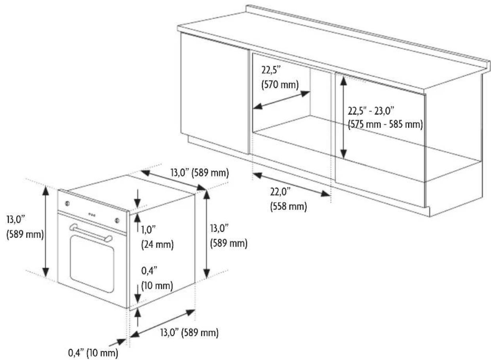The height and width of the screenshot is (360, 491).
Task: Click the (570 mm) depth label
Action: [280, 85]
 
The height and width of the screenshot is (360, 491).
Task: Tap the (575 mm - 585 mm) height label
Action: [385, 124]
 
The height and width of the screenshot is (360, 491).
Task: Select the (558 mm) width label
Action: [288, 206]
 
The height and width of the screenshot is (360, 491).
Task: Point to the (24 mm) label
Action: [157, 244]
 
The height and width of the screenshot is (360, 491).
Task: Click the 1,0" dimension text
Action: [148, 230]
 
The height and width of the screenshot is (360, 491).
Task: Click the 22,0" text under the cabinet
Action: [280, 192]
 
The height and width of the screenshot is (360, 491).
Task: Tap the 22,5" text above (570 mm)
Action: [271, 70]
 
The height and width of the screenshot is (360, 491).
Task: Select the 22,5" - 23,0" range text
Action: [371, 111]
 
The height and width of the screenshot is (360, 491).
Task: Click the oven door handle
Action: [91, 233]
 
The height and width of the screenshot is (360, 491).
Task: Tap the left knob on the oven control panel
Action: [67, 204]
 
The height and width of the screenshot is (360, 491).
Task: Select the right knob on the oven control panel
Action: [117, 220]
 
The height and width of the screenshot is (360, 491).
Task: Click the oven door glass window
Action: [92, 264]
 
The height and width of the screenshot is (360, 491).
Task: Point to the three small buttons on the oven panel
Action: [92, 215]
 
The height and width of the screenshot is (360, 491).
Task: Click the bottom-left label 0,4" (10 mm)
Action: [93, 353]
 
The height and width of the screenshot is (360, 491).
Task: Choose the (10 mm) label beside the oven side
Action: [157, 286]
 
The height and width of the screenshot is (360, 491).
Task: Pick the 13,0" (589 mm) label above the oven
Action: [200, 173]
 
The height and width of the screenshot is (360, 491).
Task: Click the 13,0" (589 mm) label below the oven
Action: [189, 333]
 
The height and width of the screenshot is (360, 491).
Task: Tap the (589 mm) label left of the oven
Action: [25, 234]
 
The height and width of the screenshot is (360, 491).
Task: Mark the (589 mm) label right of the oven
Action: [228, 243]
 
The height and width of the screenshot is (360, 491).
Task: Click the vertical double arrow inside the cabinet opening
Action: [343, 118]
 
